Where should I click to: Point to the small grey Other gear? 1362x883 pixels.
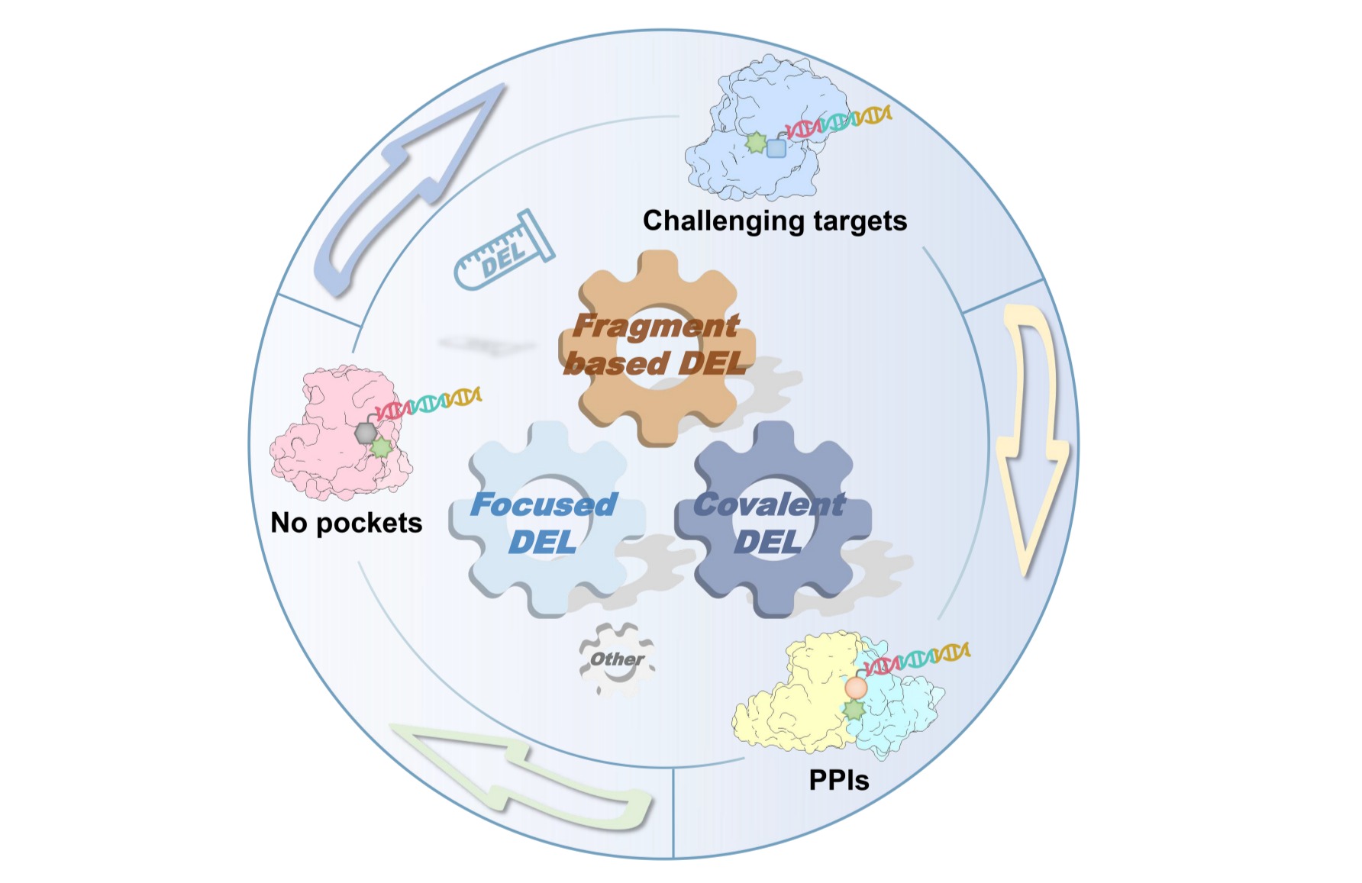coord(616,659)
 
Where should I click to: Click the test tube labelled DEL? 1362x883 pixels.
coord(504,250)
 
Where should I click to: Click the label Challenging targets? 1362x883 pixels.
coord(775,221)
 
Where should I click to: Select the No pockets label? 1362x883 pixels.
coord(346,523)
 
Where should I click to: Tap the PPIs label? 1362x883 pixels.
coord(839,780)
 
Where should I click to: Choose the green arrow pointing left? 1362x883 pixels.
coord(527,778)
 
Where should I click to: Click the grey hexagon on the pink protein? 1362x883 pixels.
coord(366,433)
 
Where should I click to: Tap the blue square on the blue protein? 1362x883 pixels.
coord(776,147)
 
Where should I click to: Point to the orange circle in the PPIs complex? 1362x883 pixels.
coord(856,688)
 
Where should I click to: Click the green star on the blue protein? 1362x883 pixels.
coord(756,143)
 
